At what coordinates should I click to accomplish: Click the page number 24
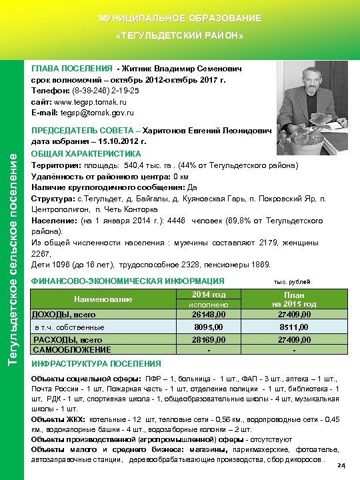[342, 465]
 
